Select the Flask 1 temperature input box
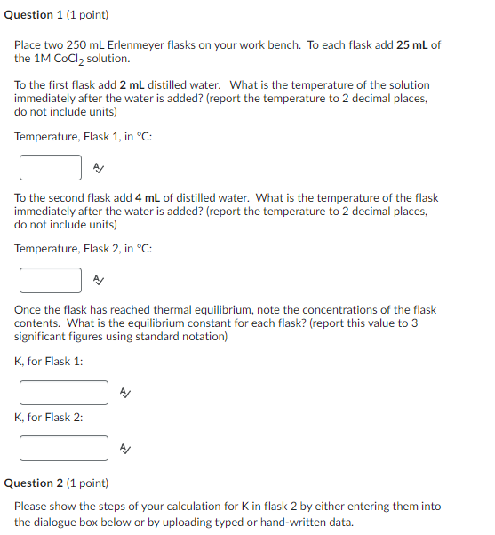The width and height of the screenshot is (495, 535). pyautogui.click(x=52, y=166)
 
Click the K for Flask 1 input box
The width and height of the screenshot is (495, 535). pyautogui.click(x=64, y=392)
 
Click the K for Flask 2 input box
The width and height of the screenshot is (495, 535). pyautogui.click(x=64, y=448)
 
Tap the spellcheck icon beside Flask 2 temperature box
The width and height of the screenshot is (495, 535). pyautogui.click(x=100, y=280)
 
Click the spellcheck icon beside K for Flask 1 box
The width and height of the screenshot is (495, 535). pyautogui.click(x=125, y=393)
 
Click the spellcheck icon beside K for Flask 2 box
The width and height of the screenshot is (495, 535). pyautogui.click(x=125, y=449)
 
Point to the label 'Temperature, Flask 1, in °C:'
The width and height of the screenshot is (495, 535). pyautogui.click(x=77, y=136)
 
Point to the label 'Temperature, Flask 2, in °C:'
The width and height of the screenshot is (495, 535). pyautogui.click(x=83, y=249)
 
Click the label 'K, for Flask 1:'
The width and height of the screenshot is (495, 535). pyautogui.click(x=49, y=362)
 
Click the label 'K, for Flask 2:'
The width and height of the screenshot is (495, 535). pyautogui.click(x=49, y=418)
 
